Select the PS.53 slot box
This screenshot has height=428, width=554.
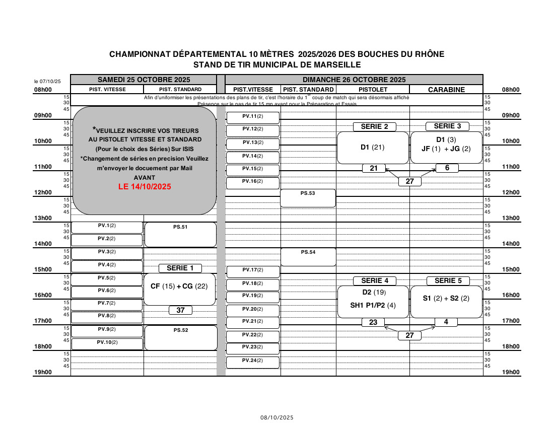tap(308, 198)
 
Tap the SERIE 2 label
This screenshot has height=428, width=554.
tap(374, 126)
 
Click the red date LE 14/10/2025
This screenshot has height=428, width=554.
tap(145, 186)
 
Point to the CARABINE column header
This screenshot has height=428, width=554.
tap(446, 90)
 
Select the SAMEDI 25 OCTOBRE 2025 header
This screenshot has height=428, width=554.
tap(144, 80)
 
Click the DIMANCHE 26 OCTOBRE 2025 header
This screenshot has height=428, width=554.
tap(354, 80)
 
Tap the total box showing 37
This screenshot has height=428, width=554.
tap(180, 310)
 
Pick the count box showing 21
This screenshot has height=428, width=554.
tap(374, 168)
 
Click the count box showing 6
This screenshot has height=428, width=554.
tap(447, 168)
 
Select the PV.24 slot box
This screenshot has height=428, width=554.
tap(252, 362)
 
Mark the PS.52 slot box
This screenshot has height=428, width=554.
tap(180, 337)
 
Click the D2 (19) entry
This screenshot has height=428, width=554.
tap(373, 293)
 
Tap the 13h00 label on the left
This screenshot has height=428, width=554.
tap(43, 218)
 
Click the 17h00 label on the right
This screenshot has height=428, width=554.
tap(511, 321)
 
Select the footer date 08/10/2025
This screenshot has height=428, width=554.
tap(276, 417)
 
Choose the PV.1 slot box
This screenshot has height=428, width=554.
tap(107, 227)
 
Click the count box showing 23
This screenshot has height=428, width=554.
tap(373, 322)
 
